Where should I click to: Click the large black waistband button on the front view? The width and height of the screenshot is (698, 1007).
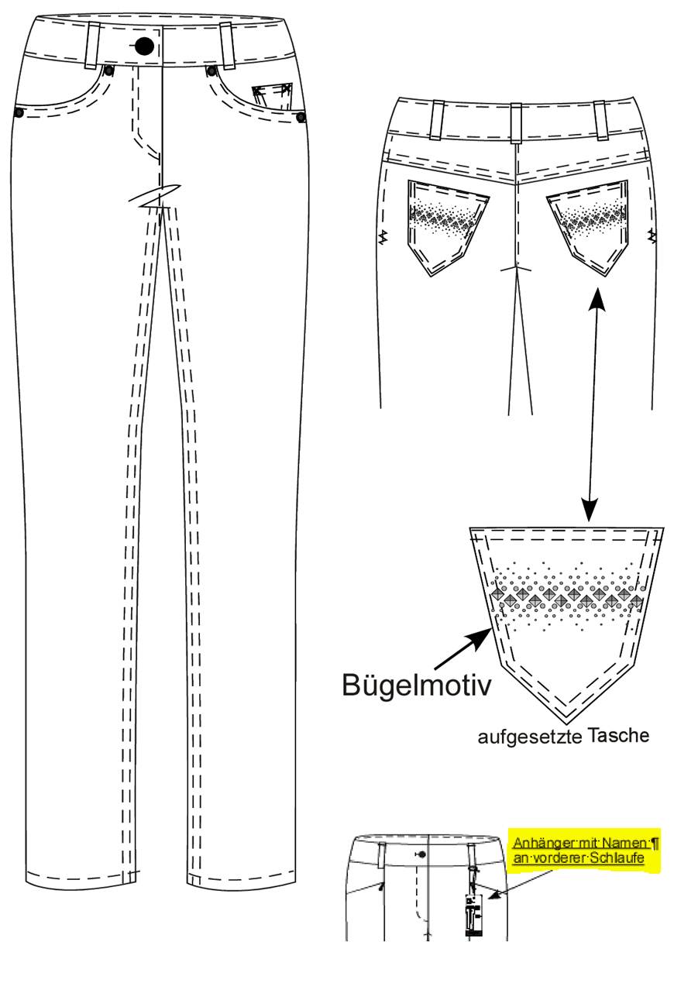144,46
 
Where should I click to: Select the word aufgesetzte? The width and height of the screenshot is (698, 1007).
529,737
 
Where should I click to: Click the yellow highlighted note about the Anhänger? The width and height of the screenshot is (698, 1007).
584,851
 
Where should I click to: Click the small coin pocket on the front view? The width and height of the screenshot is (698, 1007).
272,96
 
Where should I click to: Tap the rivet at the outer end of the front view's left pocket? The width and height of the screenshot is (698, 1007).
19,113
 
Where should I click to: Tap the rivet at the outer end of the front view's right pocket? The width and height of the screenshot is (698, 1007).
301,117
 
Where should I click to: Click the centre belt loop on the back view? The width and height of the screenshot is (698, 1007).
516,123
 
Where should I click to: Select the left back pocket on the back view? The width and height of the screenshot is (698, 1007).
447,228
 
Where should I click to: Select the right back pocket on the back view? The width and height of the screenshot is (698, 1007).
588,227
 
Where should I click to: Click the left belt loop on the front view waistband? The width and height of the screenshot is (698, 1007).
93,46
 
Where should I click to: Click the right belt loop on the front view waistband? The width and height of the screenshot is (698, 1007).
228,46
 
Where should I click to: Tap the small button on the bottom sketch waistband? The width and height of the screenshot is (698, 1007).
422,854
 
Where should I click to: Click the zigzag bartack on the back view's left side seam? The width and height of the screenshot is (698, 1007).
384,236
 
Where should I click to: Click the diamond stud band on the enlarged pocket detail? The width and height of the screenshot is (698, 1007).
566,597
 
